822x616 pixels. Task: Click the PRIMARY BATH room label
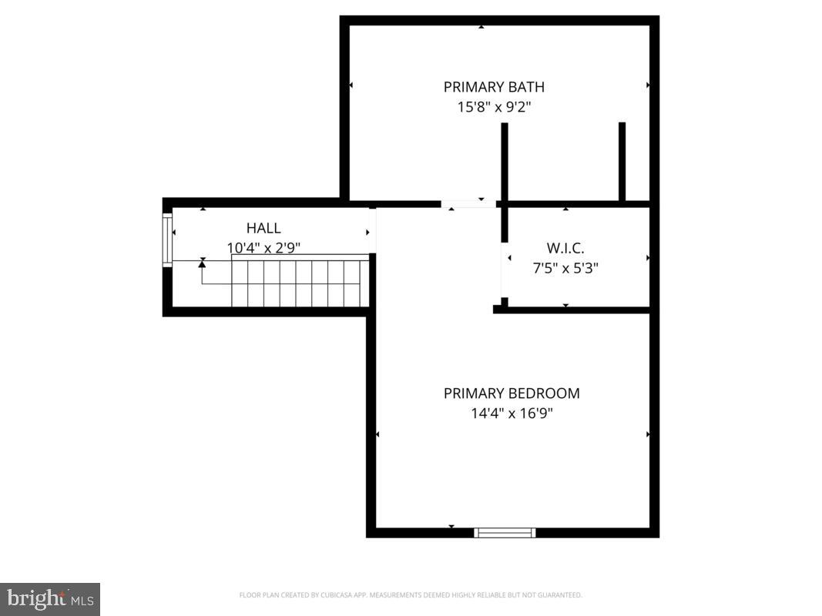click(494, 87)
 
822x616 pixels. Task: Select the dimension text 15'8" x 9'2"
click(494, 107)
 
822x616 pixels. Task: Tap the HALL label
click(263, 228)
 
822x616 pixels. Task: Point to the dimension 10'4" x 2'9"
click(263, 248)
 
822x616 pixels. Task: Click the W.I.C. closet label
click(565, 248)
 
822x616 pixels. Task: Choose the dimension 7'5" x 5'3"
click(565, 269)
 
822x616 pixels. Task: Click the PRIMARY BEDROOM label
click(512, 393)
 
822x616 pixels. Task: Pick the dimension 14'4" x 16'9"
click(512, 413)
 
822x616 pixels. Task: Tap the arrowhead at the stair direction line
click(203, 263)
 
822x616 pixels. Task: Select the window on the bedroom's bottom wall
click(505, 532)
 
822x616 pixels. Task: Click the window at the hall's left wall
click(167, 240)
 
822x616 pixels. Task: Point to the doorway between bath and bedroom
click(468, 204)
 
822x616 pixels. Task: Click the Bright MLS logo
click(50, 598)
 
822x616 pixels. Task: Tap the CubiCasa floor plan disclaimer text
click(411, 595)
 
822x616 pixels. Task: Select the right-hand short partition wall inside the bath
click(622, 162)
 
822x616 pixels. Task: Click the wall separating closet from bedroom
click(574, 310)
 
